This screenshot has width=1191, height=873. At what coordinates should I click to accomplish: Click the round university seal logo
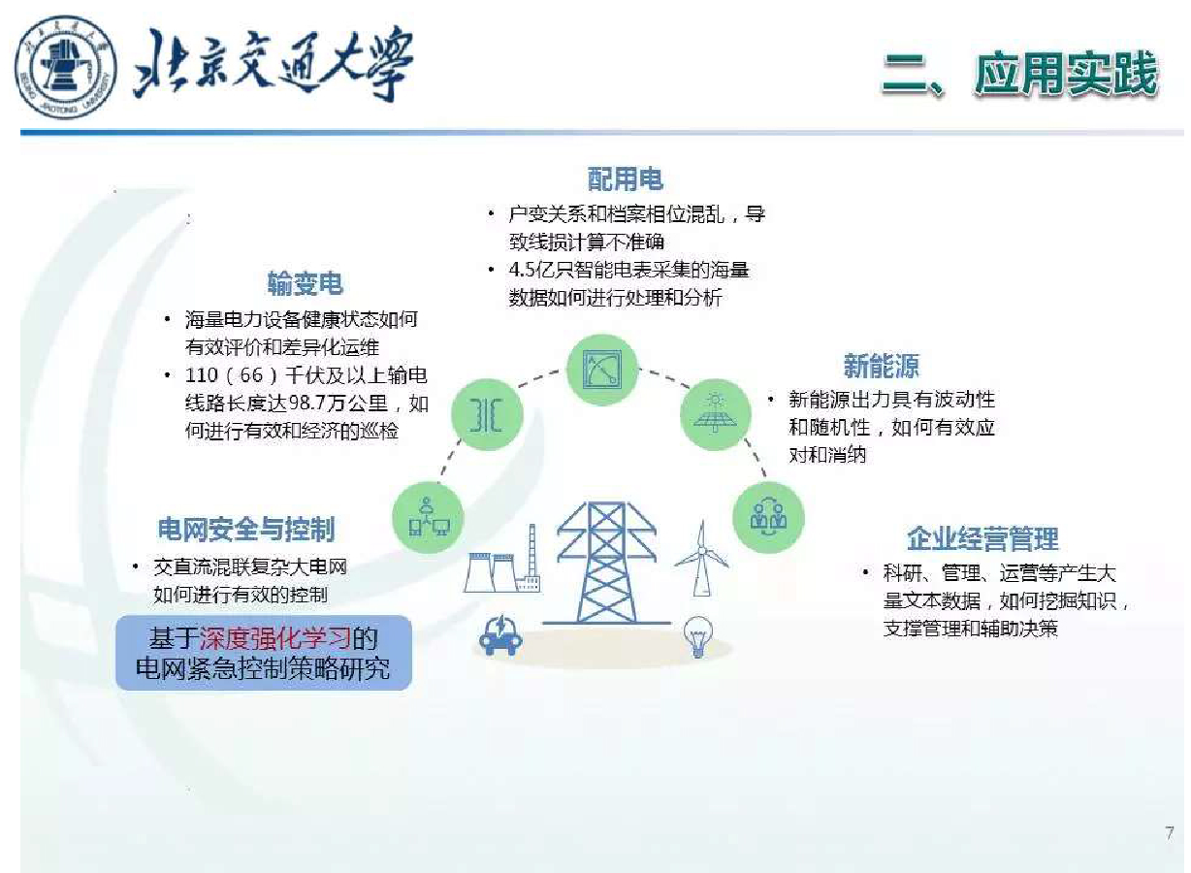coord(65,67)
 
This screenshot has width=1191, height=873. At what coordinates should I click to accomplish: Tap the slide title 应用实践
coord(1066,74)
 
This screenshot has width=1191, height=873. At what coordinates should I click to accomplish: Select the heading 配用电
coord(626,178)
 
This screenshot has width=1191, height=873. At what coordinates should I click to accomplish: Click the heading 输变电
coord(305,283)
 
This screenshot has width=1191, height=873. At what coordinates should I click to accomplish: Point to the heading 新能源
coord(881,366)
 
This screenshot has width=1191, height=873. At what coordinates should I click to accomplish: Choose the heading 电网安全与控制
coord(246,529)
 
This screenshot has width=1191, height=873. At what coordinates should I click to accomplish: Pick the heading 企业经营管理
coord(982,538)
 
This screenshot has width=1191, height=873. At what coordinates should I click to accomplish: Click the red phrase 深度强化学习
coord(274,638)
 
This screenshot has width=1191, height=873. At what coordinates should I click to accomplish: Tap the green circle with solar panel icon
coord(716,414)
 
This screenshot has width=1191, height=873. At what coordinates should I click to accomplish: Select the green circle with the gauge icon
coord(602,370)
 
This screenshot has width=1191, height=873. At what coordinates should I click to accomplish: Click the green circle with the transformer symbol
coord(487,414)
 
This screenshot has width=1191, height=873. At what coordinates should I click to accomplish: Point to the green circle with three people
coord(768,517)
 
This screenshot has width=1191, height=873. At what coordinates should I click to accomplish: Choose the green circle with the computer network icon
coord(428,517)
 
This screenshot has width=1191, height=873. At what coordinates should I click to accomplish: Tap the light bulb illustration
coord(698,636)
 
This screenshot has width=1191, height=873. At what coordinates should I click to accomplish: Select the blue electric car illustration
coord(500,635)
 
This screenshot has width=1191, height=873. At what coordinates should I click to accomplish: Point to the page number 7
coord(1170,832)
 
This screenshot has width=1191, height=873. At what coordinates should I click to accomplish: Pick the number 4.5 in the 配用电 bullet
coord(522,270)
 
